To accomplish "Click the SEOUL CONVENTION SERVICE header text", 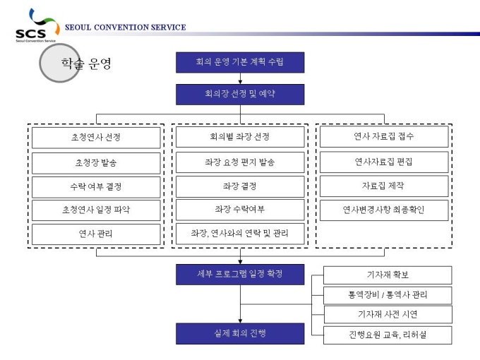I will coord(125,28).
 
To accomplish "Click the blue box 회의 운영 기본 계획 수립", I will coord(240,63).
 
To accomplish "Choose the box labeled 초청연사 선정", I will coord(96,137).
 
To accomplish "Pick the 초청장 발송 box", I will coord(96,162).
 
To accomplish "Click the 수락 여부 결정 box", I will coord(96,186).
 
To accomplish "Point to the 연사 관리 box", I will coord(96,234).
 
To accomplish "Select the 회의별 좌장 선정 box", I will coord(240,137).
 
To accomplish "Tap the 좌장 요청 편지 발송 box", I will coord(240,162).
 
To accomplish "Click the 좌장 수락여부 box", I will coord(240,210).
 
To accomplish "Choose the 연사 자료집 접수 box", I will coord(383,136).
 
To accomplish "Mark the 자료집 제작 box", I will coord(383,186).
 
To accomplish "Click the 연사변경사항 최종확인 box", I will coord(383,210).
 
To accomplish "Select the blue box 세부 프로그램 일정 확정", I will coord(240,274).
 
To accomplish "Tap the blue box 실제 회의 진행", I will coord(240,332).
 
